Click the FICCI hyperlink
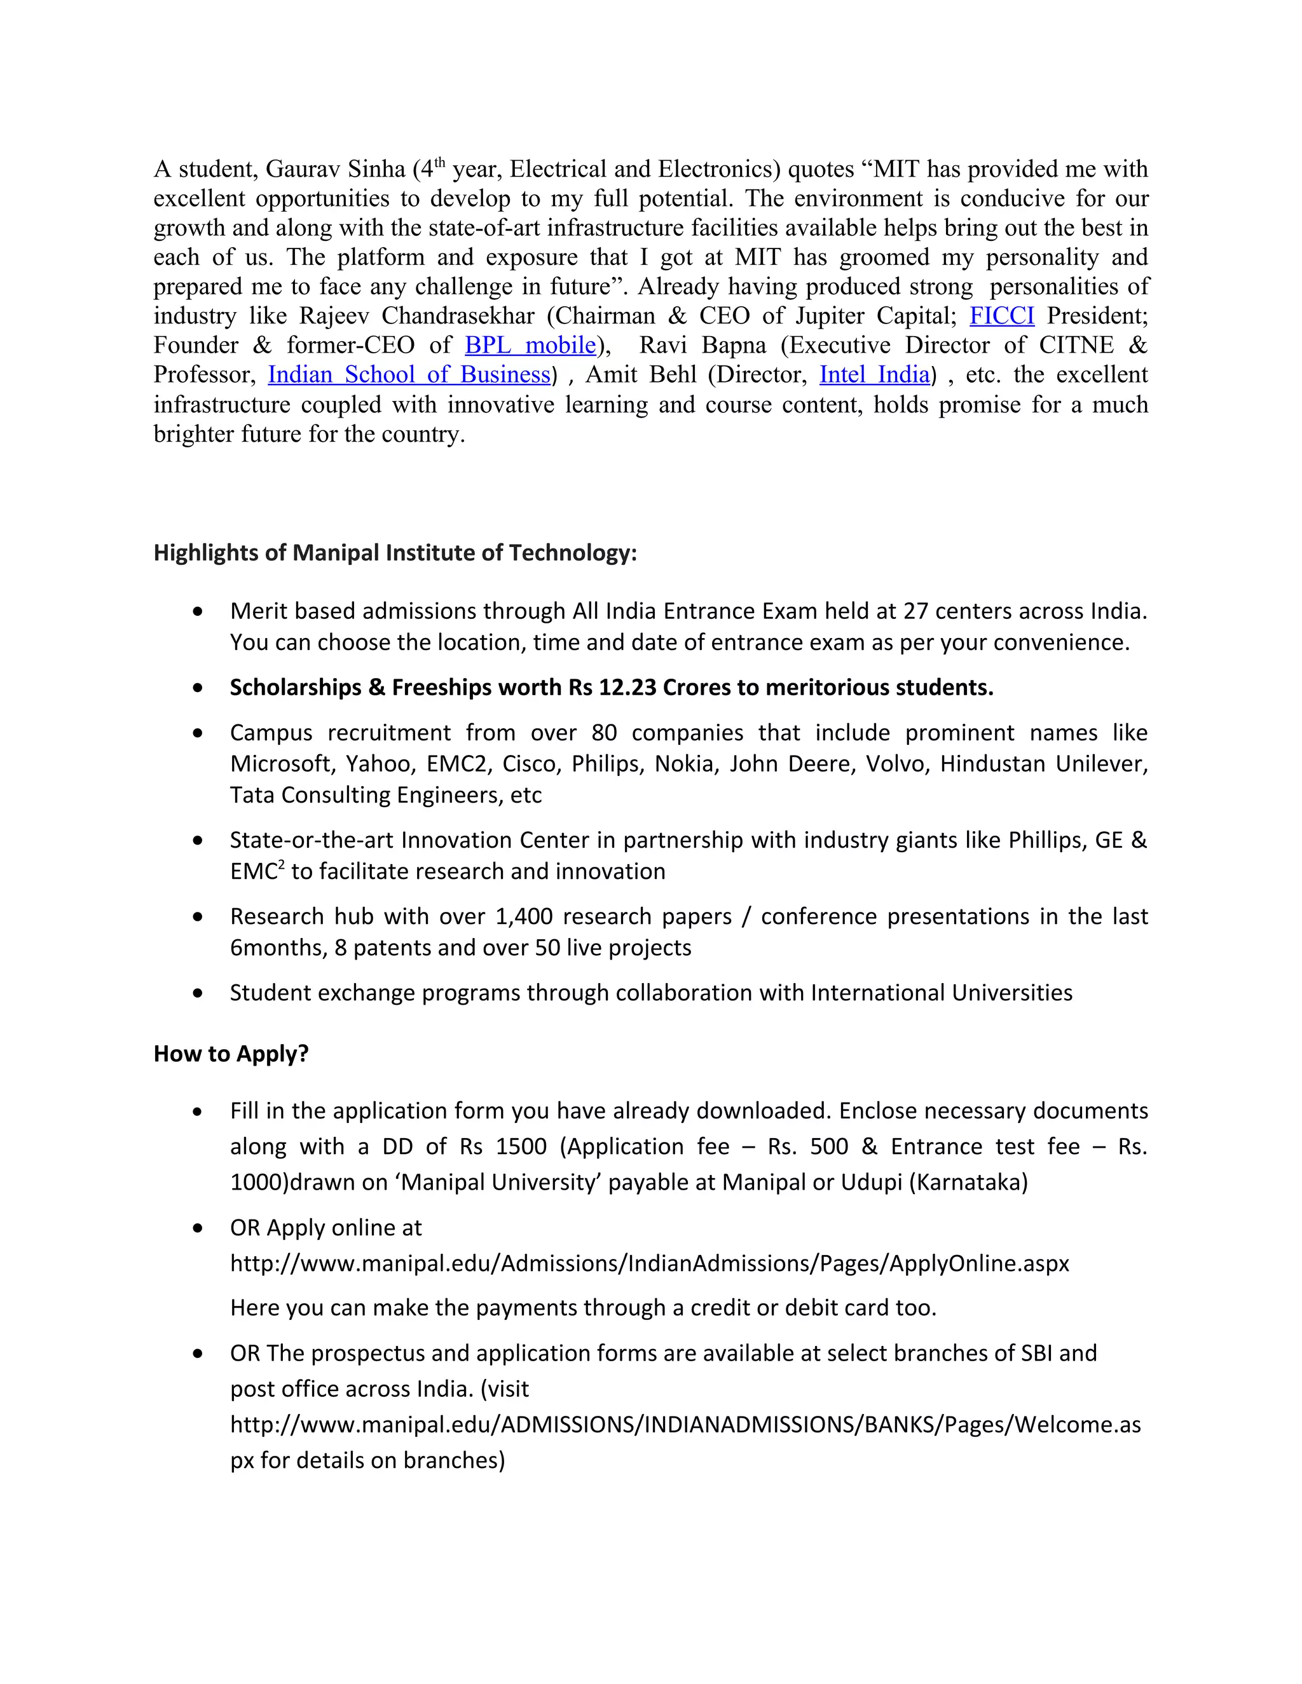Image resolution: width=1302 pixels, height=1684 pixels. pos(1001,316)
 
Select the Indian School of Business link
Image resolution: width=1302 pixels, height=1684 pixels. pos(409,375)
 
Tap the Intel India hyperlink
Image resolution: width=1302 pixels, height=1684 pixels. pos(874,375)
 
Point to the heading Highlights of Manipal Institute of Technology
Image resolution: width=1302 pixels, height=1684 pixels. pos(395,553)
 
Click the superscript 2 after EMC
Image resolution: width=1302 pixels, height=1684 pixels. pos(282,865)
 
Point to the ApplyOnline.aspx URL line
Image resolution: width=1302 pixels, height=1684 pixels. pos(650,1264)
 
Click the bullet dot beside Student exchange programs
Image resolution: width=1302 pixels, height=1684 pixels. pos(198,993)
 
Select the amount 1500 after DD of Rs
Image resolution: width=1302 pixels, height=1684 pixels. pos(521,1147)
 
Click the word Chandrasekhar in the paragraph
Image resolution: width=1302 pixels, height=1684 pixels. pos(458,316)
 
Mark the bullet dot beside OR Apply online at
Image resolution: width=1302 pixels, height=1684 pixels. pos(198,1228)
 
